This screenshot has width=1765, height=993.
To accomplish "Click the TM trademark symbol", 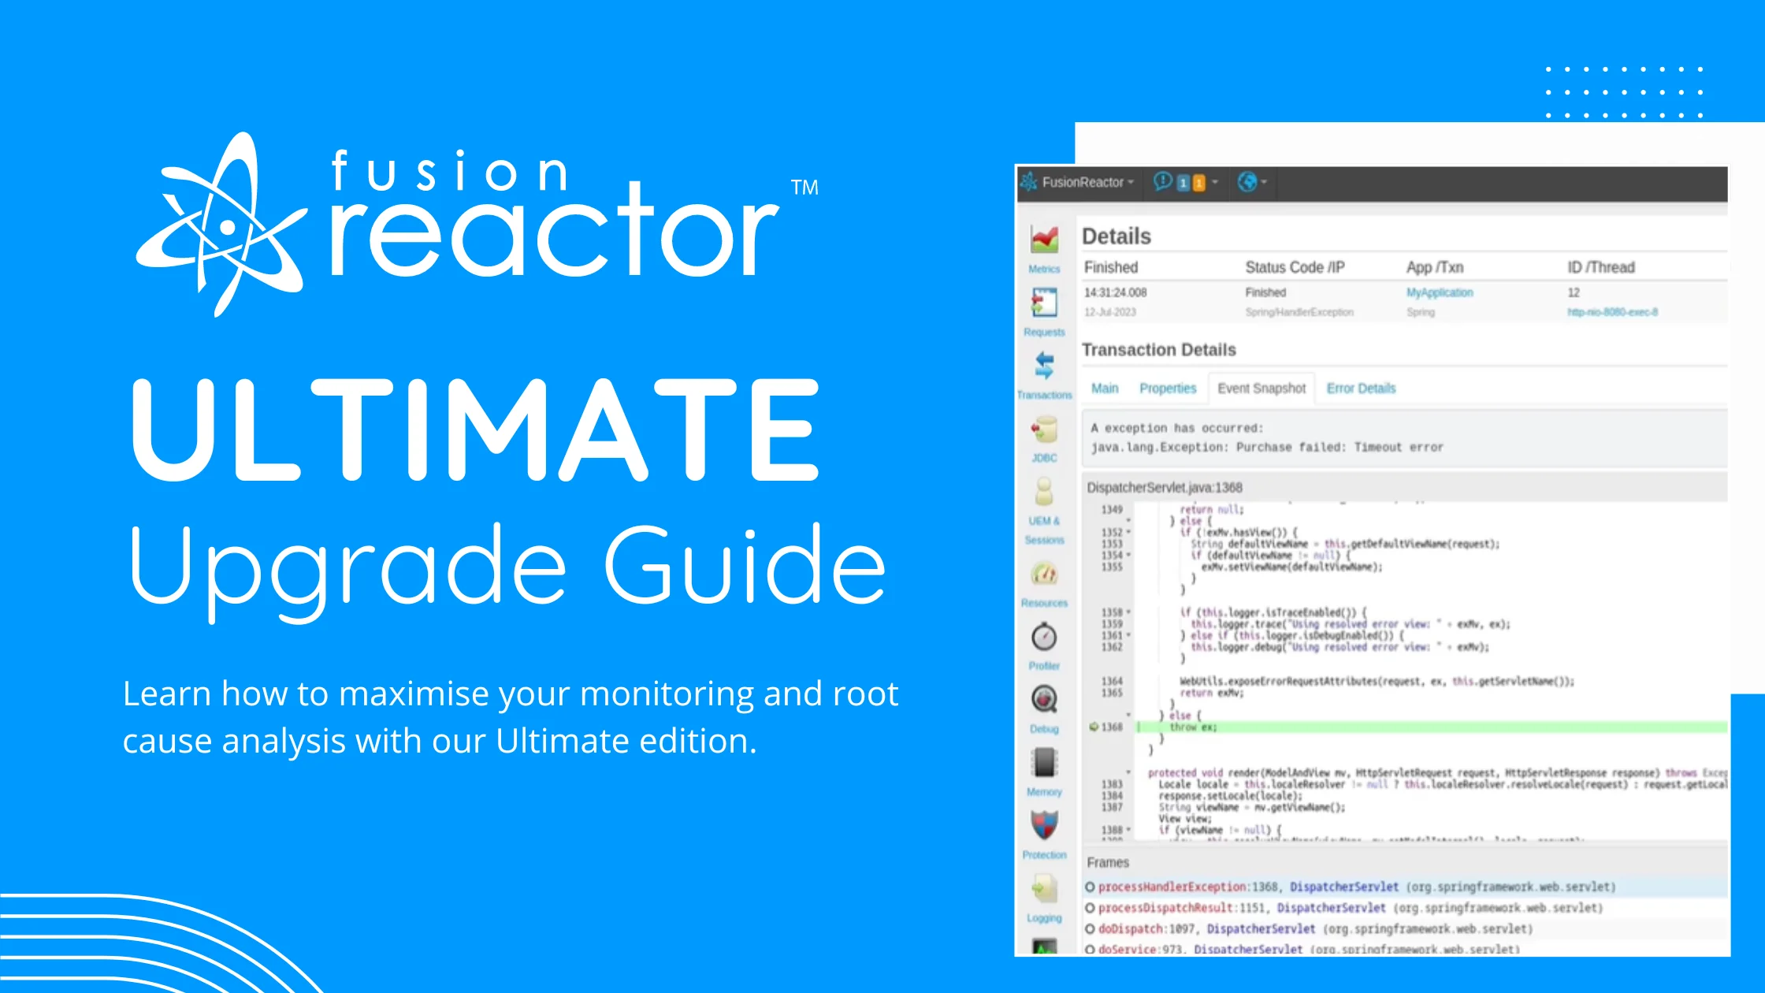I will [x=804, y=188].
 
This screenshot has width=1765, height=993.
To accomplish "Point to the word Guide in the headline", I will [x=745, y=566].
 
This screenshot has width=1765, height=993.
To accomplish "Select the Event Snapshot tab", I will [x=1261, y=389].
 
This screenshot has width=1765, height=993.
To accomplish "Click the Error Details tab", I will [x=1361, y=389].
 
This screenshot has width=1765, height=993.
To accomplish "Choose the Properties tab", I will [x=1168, y=389].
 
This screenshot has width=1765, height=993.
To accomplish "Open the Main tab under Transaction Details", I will [x=1105, y=389].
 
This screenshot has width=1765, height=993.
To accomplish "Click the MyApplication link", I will [x=1440, y=292].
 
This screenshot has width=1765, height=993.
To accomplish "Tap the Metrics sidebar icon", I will [x=1045, y=240].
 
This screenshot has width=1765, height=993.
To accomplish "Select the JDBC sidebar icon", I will [x=1045, y=431].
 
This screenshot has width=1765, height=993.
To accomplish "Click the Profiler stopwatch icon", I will [x=1045, y=637].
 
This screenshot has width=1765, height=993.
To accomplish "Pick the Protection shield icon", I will [x=1045, y=825].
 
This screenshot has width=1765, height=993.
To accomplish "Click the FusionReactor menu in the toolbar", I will [x=1082, y=182].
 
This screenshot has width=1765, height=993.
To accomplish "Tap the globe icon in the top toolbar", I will [x=1247, y=182].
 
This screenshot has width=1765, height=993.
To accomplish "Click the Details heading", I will [x=1116, y=236].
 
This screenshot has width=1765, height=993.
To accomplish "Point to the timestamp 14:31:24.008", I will [x=1115, y=292].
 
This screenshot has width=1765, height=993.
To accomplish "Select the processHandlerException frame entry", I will [x=1171, y=887].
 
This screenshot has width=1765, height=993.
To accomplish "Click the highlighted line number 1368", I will [x=1112, y=727].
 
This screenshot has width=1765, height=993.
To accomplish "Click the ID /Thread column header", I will [x=1600, y=267].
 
